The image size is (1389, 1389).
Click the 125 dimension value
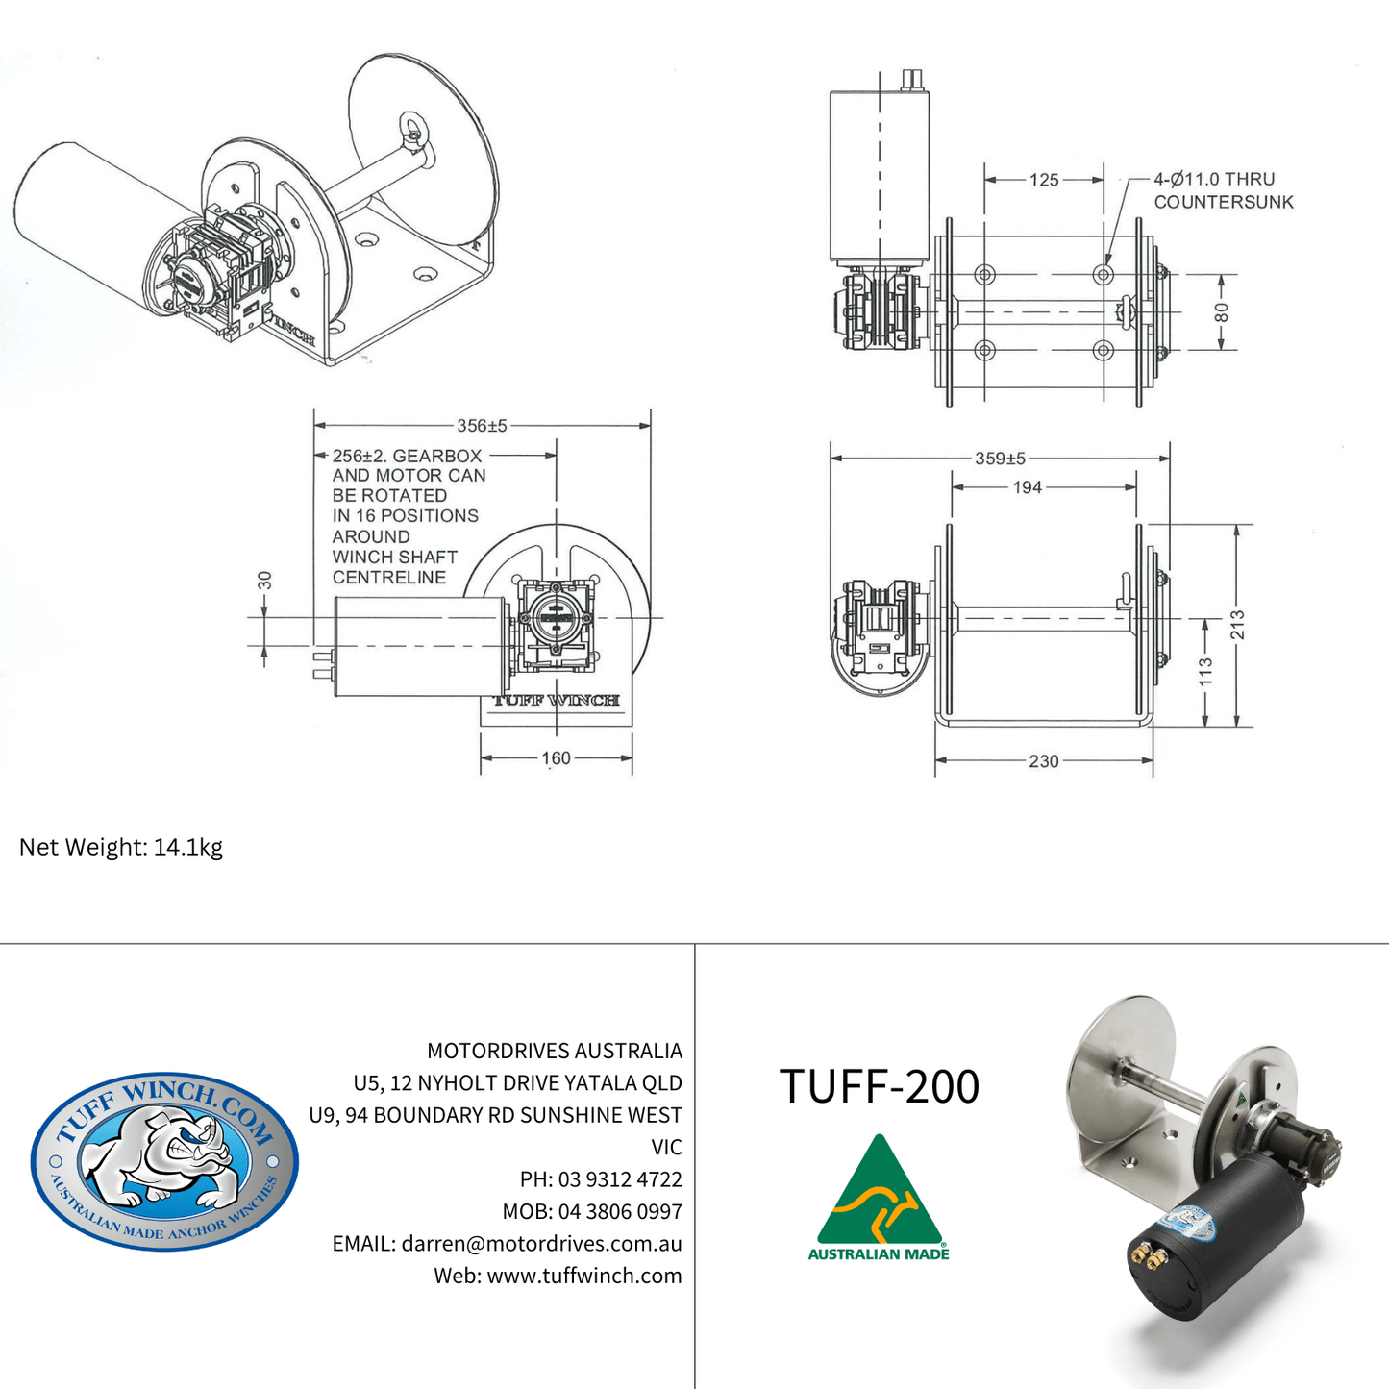click(x=1043, y=180)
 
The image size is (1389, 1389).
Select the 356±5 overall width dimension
click(x=482, y=425)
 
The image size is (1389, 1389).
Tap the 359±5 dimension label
click(x=1000, y=459)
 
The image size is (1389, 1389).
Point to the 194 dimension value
click(x=1027, y=487)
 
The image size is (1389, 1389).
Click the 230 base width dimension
click(x=1043, y=761)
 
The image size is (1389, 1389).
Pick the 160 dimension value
click(x=556, y=758)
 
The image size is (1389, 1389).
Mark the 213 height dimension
click(x=1237, y=625)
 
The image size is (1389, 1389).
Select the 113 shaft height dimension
click(x=1205, y=671)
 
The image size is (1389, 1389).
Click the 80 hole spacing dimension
click(x=1222, y=313)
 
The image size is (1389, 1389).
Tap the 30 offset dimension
click(x=265, y=581)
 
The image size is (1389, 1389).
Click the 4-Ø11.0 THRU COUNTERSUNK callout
click(x=1223, y=190)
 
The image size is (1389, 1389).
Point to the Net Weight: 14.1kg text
click(x=121, y=847)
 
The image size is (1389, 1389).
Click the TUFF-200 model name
click(x=879, y=1086)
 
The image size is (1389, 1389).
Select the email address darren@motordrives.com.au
click(x=541, y=1244)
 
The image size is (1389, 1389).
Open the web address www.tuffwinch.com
click(x=583, y=1276)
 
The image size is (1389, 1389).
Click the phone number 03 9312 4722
click(x=620, y=1179)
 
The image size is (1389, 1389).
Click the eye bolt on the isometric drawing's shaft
click(x=415, y=132)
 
